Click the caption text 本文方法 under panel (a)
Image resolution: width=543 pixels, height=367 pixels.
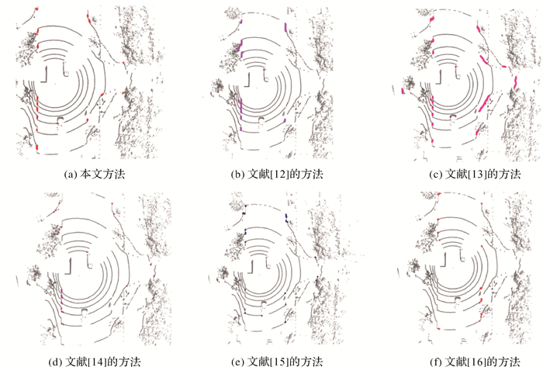pos(102,174)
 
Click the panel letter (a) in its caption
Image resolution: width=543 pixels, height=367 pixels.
pos(71,174)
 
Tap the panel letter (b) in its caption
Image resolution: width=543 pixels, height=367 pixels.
pos(238,174)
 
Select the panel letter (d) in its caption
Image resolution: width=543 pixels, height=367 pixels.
pos(56,362)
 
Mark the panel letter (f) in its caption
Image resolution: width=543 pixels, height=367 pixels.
pos(436,362)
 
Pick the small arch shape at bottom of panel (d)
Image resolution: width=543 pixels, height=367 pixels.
pos(85,310)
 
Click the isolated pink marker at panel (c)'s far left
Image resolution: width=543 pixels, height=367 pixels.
pos(403,91)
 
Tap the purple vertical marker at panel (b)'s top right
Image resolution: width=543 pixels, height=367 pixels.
pos(285,27)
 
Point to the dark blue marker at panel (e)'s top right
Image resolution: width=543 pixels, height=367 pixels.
pos(286,217)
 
